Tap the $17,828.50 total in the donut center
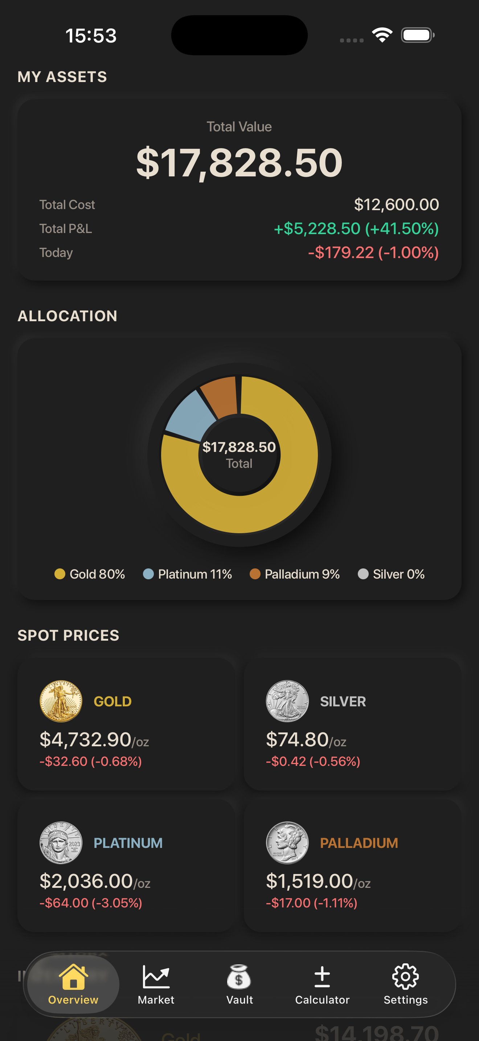[x=239, y=447]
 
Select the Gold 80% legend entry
[x=90, y=574]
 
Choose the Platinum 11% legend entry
[x=188, y=574]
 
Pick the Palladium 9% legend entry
[x=295, y=574]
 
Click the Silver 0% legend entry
[x=391, y=574]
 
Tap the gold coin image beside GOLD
[x=61, y=701]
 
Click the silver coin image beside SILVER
[x=287, y=701]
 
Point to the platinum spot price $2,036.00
[x=86, y=881]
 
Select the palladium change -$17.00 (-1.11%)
[x=311, y=903]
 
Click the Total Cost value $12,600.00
[x=396, y=204]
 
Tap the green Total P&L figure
[x=356, y=229]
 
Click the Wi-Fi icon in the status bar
[x=382, y=35]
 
